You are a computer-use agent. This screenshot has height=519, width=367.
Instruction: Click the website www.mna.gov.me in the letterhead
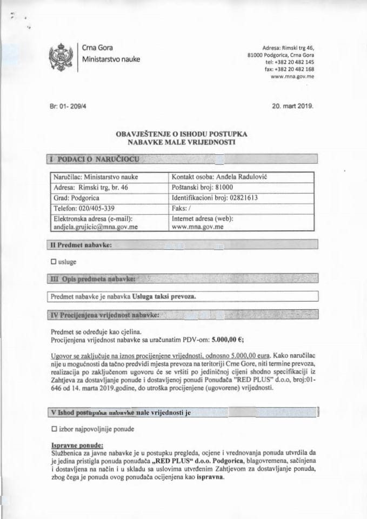click(x=292, y=78)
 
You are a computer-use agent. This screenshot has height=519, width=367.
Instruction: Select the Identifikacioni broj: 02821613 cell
click(x=213, y=197)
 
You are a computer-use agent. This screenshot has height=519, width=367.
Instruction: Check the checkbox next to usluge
click(x=53, y=261)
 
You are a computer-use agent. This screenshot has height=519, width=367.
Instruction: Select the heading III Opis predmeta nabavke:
click(x=92, y=278)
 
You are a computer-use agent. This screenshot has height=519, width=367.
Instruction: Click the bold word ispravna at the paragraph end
click(x=208, y=477)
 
